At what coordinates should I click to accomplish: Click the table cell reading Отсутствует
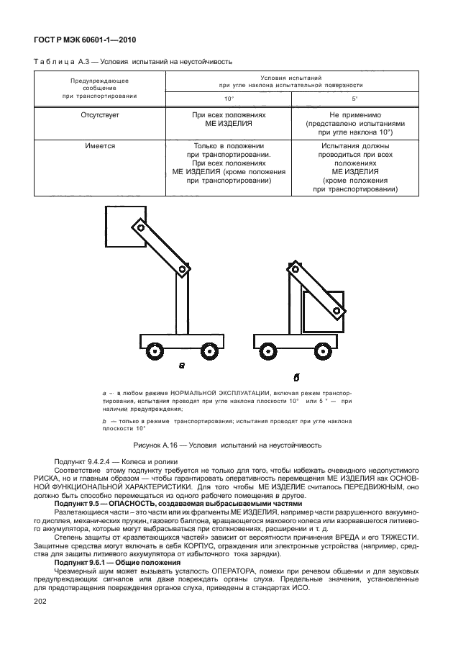tap(100, 115)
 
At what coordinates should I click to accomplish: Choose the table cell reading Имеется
tap(100, 145)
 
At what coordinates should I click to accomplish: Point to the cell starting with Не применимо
tap(354, 124)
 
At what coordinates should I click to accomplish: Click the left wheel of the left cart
tap(154, 352)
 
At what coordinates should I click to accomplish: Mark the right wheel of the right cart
tap(324, 352)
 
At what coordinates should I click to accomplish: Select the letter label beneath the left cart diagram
tap(181, 366)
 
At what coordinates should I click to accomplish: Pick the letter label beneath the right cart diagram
tap(296, 376)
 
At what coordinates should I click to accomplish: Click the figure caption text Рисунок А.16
tap(226, 445)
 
